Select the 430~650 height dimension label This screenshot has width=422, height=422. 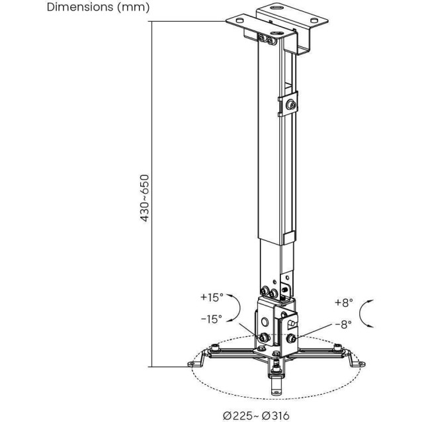point(145,198)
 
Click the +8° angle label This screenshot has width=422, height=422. point(343,302)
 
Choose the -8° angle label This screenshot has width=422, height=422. point(343,324)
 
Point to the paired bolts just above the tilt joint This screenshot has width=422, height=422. point(269,292)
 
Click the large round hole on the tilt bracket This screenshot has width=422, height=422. point(265,321)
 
